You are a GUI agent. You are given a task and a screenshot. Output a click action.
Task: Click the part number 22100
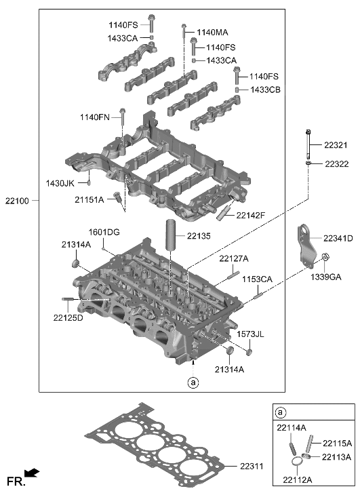15,200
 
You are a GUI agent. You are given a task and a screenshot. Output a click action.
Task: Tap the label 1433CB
264,90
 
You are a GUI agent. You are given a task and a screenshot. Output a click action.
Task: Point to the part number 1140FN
94,117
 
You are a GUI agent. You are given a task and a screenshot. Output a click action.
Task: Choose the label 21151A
89,199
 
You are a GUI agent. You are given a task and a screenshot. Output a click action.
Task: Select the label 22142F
252,216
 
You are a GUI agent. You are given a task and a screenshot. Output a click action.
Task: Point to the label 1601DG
104,233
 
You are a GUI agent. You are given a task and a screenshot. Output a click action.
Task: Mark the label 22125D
69,317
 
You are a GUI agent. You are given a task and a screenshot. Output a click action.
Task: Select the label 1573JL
249,334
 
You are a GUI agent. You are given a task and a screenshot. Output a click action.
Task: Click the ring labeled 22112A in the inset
296,462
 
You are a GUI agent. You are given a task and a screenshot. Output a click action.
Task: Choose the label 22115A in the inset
336,443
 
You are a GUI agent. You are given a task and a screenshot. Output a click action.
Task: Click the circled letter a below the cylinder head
193,382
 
